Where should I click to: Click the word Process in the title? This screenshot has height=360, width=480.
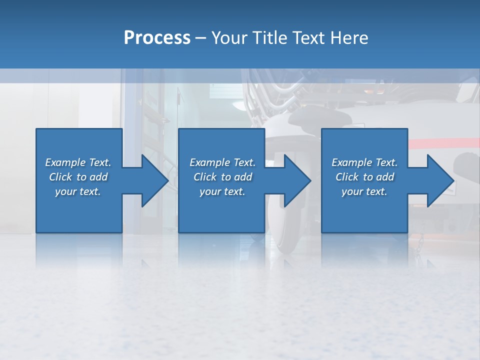157,38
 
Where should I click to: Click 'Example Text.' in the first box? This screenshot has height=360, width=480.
78,162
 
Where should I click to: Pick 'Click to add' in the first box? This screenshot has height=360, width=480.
78,177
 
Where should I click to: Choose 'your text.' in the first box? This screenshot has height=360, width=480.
78,191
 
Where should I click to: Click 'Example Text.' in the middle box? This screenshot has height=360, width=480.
222,162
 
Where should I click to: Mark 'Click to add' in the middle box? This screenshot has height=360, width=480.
222,177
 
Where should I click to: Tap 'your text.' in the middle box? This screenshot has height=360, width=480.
222,191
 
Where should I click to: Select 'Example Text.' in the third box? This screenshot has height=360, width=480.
364,162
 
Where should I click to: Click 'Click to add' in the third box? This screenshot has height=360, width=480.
364,177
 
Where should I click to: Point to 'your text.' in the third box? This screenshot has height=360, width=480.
364,191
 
